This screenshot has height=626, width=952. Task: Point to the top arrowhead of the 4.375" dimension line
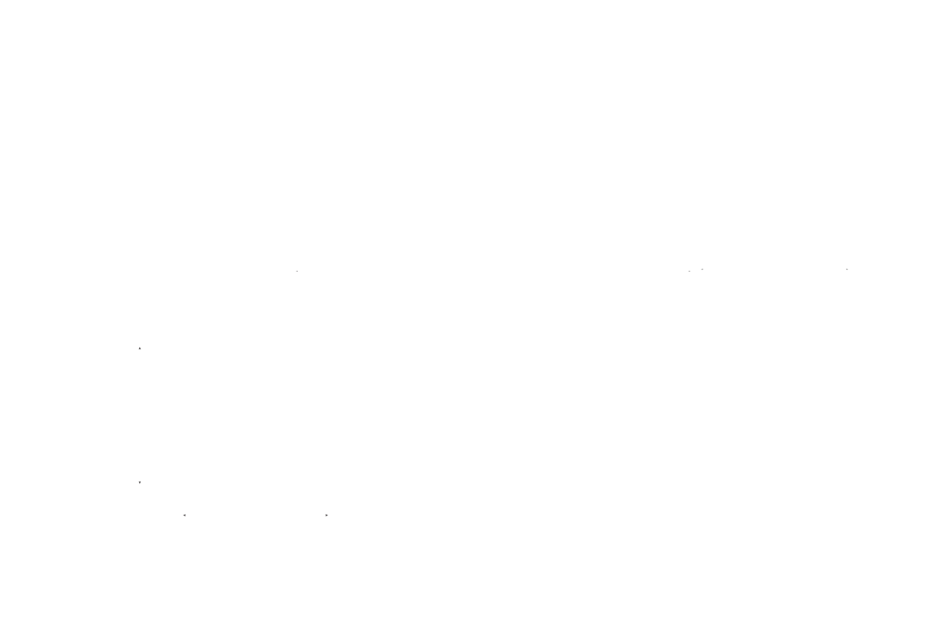tap(140, 350)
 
